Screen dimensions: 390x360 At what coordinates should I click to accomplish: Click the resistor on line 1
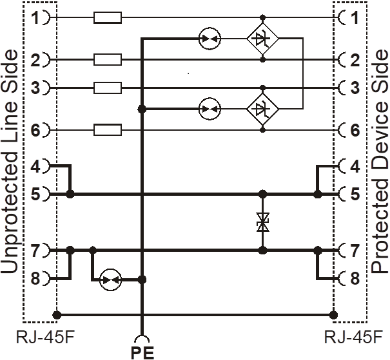tap(108, 17)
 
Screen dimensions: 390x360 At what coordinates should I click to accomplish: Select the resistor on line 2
tap(108, 60)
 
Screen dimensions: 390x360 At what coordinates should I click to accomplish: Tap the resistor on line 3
tap(108, 88)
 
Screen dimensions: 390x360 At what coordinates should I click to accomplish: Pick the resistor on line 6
tap(108, 130)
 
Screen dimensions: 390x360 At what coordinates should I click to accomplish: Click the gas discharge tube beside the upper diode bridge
tap(210, 39)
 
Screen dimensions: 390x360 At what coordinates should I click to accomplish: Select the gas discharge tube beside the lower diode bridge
tap(210, 109)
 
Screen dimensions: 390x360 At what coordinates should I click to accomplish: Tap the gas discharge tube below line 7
tap(110, 280)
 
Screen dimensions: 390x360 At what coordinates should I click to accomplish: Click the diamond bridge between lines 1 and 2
tap(262, 39)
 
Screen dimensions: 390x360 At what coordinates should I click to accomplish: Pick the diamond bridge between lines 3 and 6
tap(262, 109)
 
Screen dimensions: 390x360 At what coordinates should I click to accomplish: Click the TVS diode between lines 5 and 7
tap(262, 222)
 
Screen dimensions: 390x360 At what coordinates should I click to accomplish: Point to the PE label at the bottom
tap(142, 352)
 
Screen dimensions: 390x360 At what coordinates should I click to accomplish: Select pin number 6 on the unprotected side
tap(35, 130)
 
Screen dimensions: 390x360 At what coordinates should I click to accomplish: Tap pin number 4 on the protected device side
tap(355, 166)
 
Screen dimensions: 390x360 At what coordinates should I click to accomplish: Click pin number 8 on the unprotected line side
tap(35, 278)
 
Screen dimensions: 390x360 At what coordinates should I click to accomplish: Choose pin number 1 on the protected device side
tap(355, 17)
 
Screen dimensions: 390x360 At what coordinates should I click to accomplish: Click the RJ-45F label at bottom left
tap(45, 337)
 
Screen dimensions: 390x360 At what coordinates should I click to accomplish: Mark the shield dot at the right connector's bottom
tap(333, 316)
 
